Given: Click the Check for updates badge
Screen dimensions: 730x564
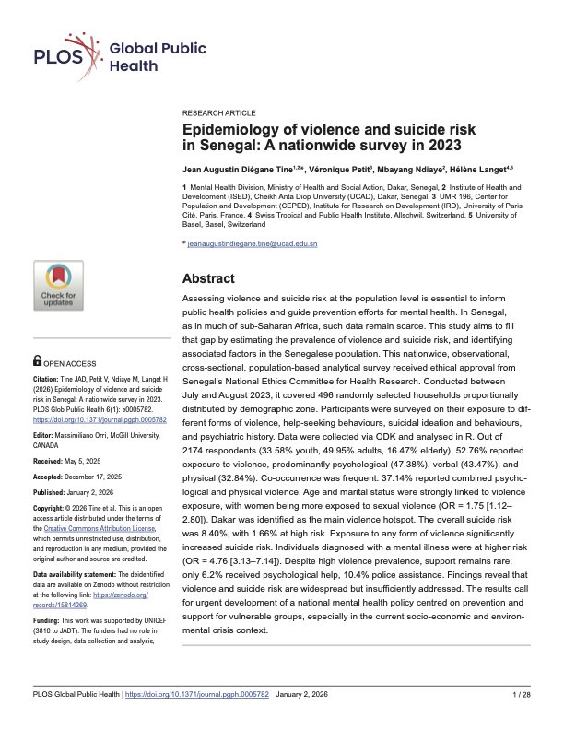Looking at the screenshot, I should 59,285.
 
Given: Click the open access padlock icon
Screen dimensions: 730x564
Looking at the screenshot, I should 37,361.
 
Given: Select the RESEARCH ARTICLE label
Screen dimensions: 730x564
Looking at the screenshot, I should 217,110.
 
